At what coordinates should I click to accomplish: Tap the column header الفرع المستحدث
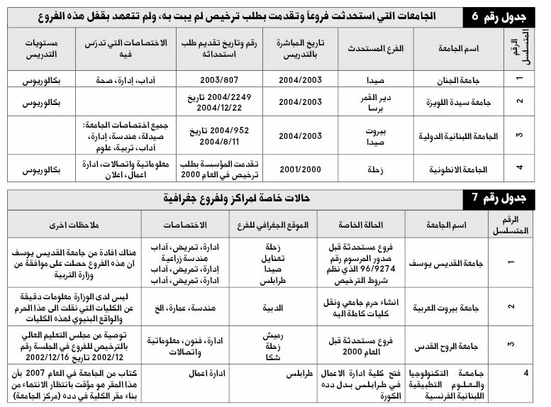pos(376,48)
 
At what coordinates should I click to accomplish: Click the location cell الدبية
pos(273,308)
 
